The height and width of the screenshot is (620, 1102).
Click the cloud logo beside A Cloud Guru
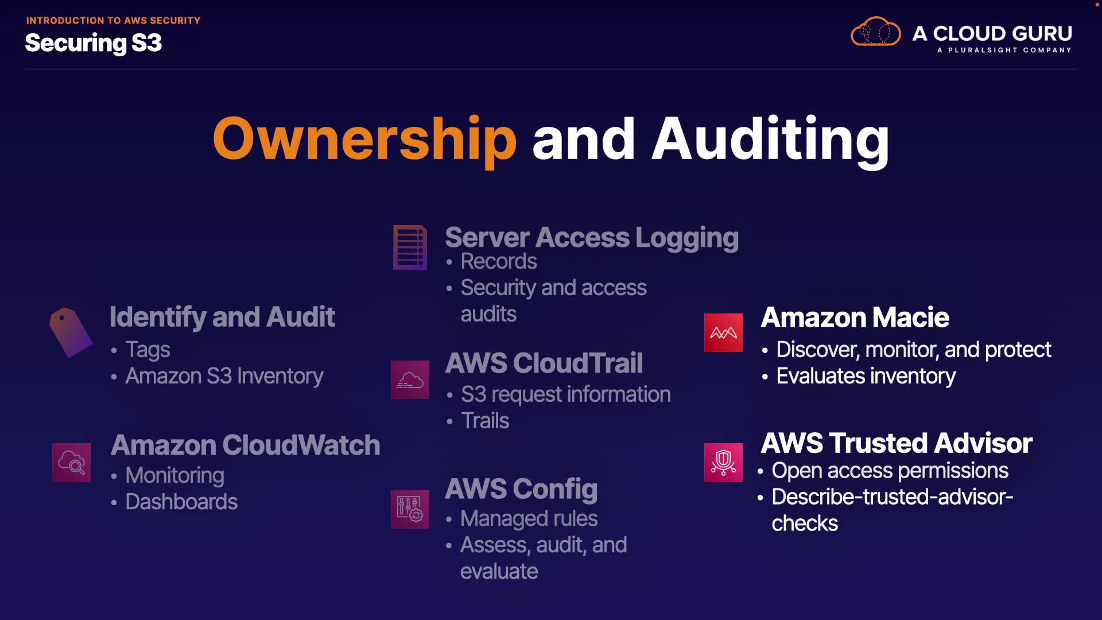point(875,32)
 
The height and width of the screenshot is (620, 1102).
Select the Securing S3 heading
point(94,43)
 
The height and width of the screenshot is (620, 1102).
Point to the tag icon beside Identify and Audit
point(70,332)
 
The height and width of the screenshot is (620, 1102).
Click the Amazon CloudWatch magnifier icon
point(71,462)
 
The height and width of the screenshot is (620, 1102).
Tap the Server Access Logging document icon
point(410,247)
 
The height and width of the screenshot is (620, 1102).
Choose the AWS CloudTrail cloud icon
point(410,379)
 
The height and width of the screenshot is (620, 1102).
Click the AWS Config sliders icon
point(410,509)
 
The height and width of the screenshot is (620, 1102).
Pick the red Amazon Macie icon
point(723,332)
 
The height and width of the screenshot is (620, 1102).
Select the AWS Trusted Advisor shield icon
point(723,462)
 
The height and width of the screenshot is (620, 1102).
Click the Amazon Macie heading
point(855,317)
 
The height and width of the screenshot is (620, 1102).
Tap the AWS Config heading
point(521,489)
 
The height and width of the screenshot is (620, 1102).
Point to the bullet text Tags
point(148,350)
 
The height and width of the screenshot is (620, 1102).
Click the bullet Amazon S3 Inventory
point(224,376)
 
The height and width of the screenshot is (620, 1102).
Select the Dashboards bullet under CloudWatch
point(181,502)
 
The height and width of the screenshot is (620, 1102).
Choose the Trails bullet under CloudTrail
point(485,421)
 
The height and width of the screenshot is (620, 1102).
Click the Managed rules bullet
point(529,518)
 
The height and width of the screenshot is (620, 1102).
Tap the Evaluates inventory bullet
point(866,376)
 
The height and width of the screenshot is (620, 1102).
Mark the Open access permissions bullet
point(890,471)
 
